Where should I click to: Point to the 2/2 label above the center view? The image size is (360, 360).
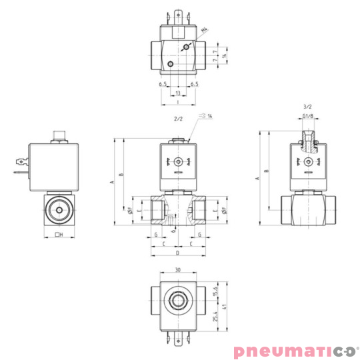pos(178,119)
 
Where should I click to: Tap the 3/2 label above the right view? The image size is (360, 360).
pos(307,107)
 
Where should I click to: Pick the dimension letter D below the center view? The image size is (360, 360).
pos(177,254)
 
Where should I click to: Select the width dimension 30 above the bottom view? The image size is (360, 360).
pos(177,271)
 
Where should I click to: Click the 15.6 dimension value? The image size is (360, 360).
pos(215,291)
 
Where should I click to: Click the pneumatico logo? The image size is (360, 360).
pos(295,350)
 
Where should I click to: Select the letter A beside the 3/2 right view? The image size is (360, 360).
pos(257,179)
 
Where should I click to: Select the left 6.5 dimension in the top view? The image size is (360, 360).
pos(163,85)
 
